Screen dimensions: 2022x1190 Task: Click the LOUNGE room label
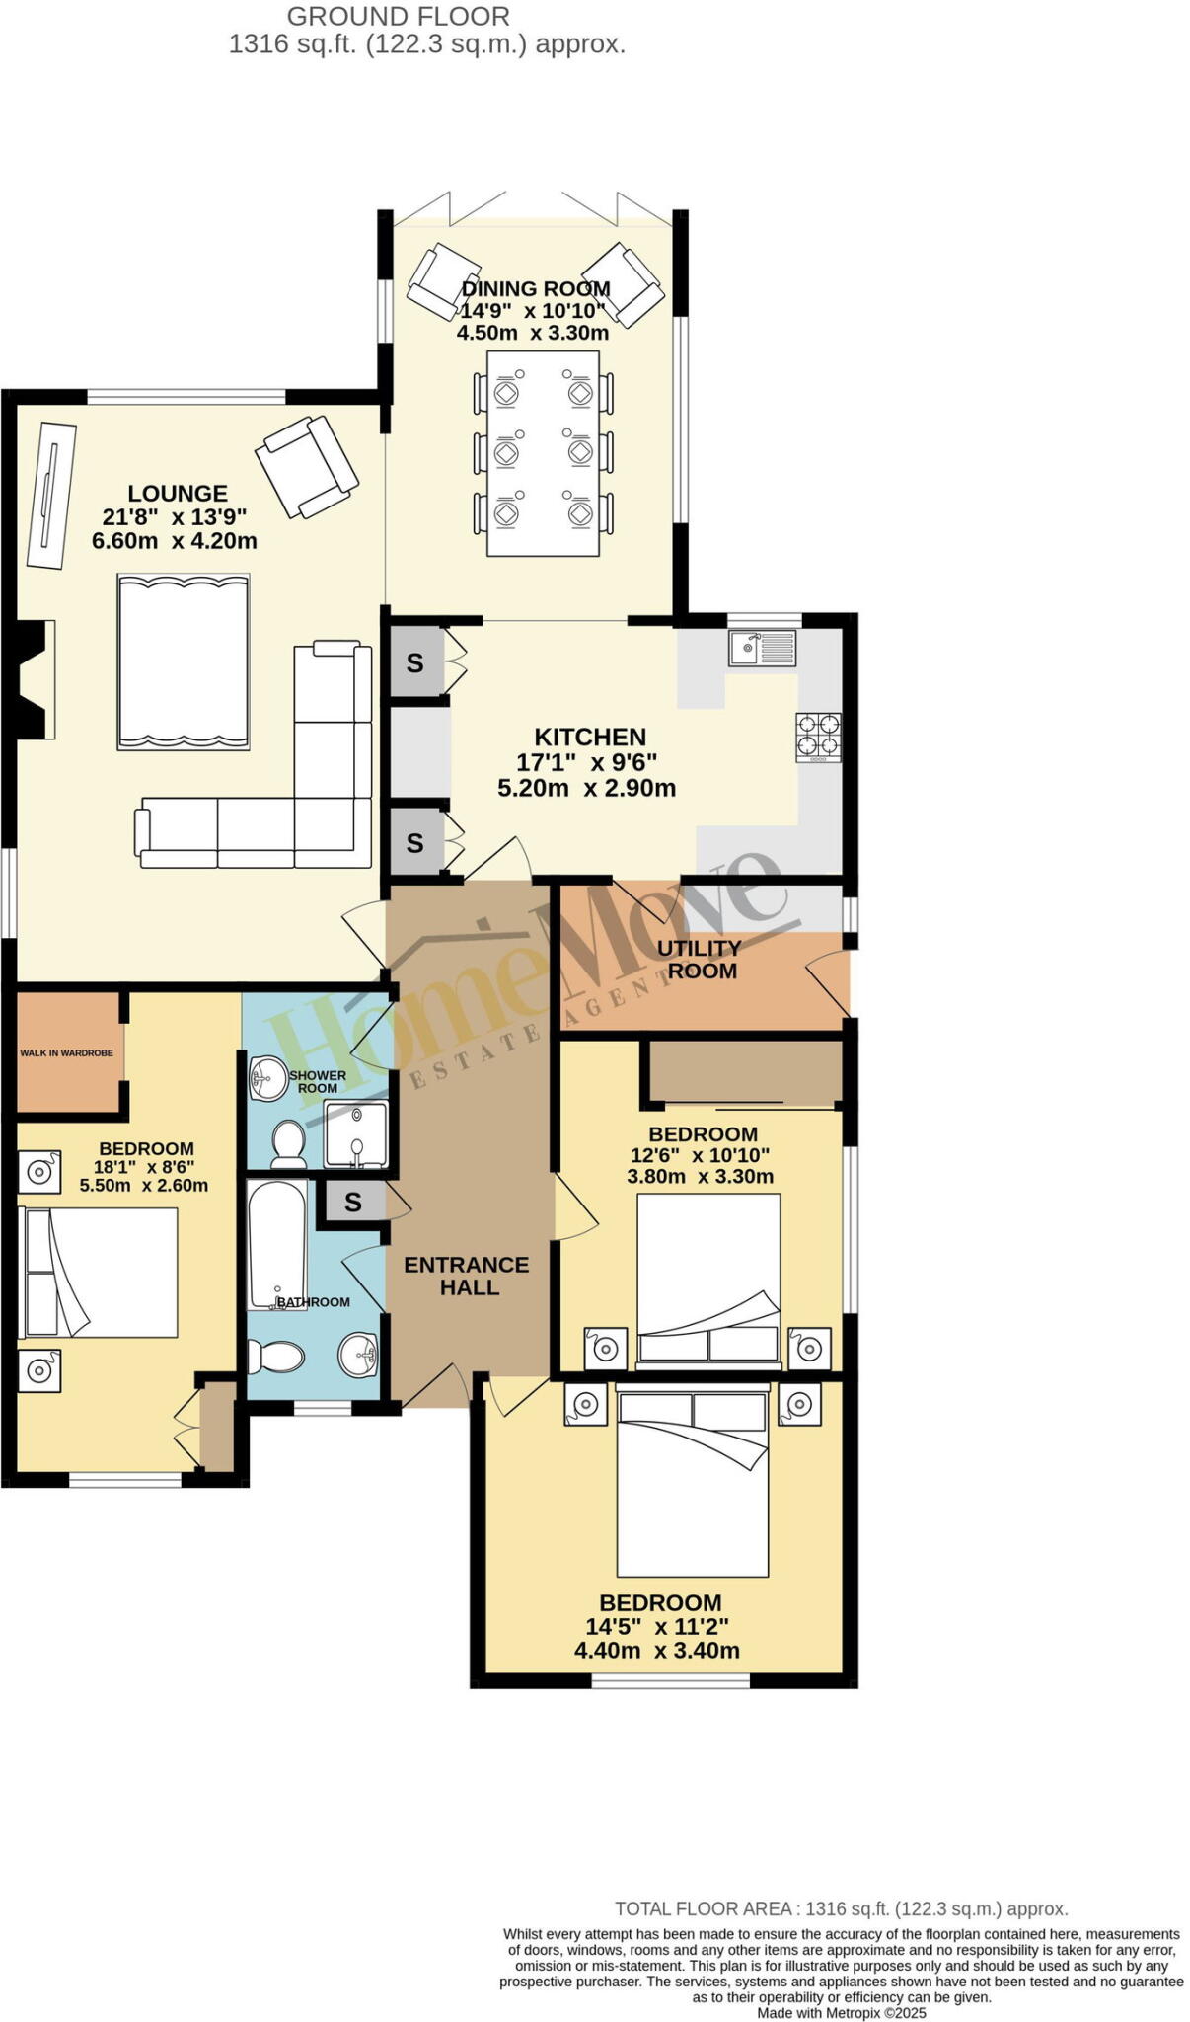coord(178,494)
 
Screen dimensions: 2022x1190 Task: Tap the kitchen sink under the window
coord(762,649)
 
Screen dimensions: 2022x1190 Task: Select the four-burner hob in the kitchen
coord(818,738)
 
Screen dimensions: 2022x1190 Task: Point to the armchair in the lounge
coord(307,466)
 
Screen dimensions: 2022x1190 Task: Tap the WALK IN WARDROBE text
coord(66,1053)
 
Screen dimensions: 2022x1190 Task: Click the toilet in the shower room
coord(289,1142)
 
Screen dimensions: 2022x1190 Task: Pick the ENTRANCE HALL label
coord(467,1276)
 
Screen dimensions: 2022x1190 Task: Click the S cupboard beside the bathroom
coord(353,1203)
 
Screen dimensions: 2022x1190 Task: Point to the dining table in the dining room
coord(543,453)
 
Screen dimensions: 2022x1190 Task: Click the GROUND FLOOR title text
coord(399,17)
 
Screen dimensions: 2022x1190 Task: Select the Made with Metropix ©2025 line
coord(842,2012)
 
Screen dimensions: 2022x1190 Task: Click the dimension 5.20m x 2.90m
coord(586,788)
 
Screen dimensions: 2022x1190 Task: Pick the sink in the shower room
coord(267,1077)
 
